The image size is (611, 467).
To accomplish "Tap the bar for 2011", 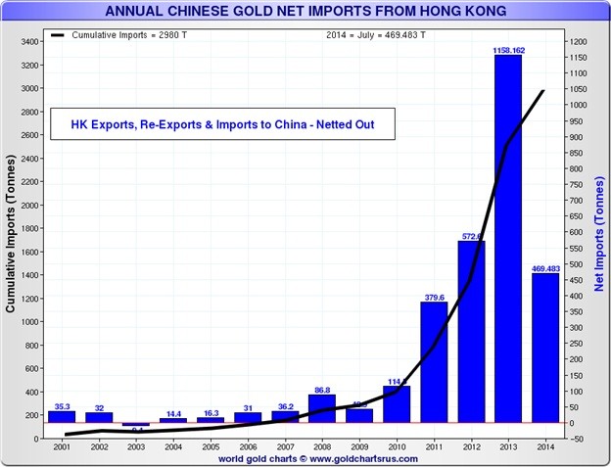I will pyautogui.click(x=433, y=362).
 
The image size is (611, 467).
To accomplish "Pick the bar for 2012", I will pyautogui.click(x=471, y=332).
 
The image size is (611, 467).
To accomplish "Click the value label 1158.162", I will pyautogui.click(x=507, y=48).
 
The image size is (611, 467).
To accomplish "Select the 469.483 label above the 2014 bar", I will pyautogui.click(x=544, y=267).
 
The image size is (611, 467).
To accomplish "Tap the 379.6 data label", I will pyautogui.click(x=433, y=296).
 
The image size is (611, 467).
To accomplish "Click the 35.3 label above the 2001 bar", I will pyautogui.click(x=62, y=404).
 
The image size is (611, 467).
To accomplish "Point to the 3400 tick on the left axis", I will pyautogui.click(x=29, y=42).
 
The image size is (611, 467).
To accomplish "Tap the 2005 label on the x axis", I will pyautogui.click(x=210, y=447).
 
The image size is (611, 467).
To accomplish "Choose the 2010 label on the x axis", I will pyautogui.click(x=396, y=447).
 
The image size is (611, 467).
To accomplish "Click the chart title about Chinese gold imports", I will pyautogui.click(x=305, y=12).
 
